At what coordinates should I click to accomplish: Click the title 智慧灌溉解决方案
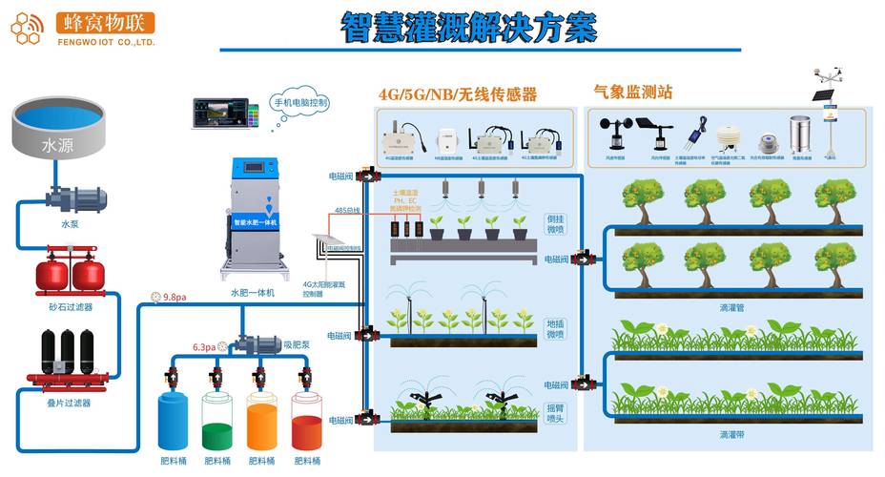pyautogui.click(x=468, y=28)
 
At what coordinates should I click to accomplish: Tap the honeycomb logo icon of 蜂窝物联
pyautogui.click(x=28, y=28)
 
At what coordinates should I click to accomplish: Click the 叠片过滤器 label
pyautogui.click(x=69, y=404)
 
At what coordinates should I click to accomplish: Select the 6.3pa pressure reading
pyautogui.click(x=204, y=346)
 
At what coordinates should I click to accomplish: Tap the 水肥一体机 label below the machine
pyautogui.click(x=253, y=294)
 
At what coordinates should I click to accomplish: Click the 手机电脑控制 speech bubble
pyautogui.click(x=301, y=102)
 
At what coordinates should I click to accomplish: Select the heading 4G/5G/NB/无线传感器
pyautogui.click(x=458, y=94)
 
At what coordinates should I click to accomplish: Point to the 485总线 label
pyautogui.click(x=346, y=210)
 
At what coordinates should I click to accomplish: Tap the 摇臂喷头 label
pyautogui.click(x=555, y=413)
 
